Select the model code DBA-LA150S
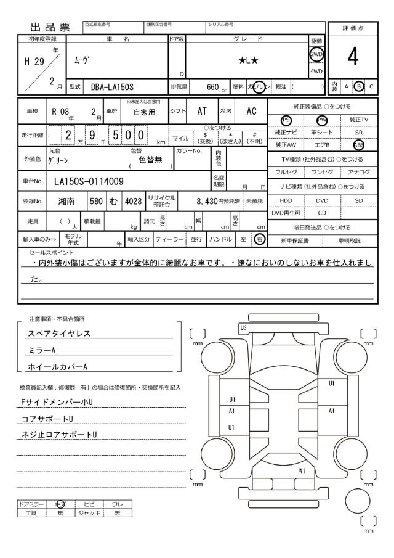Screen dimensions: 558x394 coord(113,87)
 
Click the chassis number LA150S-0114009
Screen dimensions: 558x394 coord(89,181)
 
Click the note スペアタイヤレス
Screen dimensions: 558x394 coord(59,334)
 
